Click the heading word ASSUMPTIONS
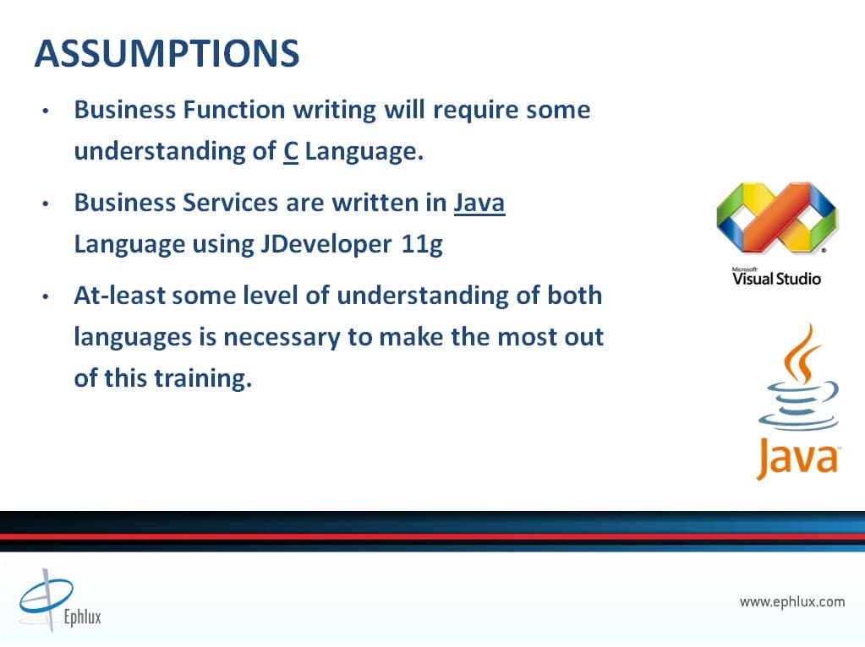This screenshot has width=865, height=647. click(x=167, y=54)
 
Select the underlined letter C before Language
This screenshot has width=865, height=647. click(x=291, y=151)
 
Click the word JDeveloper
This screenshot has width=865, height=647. click(x=326, y=243)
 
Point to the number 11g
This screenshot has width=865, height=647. click(x=422, y=244)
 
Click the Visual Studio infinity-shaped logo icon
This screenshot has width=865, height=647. click(x=777, y=218)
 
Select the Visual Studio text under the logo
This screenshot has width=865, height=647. click(x=777, y=278)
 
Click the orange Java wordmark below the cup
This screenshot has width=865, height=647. click(x=798, y=457)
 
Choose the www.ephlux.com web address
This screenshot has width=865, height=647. click(x=792, y=601)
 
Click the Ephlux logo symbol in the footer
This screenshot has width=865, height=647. click(x=46, y=599)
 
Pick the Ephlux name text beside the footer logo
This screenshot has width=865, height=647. click(x=83, y=616)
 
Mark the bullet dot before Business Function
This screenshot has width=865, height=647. click(x=46, y=111)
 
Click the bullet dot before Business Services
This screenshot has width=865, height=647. click(x=46, y=204)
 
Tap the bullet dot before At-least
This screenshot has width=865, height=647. click(x=46, y=297)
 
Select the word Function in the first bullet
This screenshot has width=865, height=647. click(x=234, y=110)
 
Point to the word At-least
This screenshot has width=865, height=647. click(x=120, y=296)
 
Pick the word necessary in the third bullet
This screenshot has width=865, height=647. click(x=282, y=337)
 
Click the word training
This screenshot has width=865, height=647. click(x=202, y=378)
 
